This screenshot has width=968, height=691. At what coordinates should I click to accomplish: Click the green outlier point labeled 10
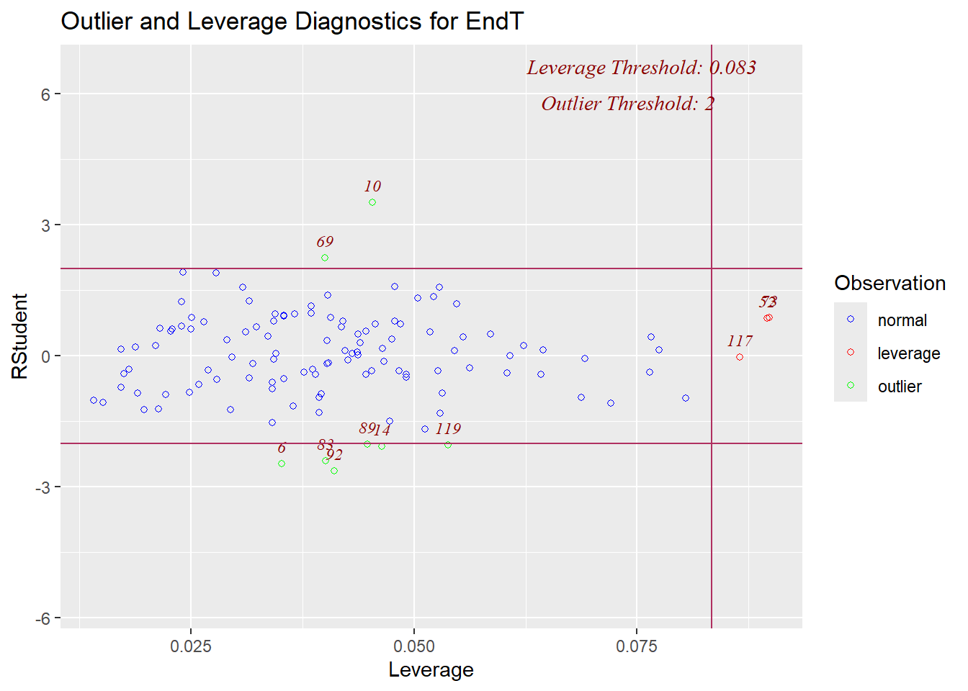tap(372, 202)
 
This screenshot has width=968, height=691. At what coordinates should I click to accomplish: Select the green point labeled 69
tap(325, 258)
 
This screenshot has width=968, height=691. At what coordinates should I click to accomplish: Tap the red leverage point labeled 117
tap(740, 357)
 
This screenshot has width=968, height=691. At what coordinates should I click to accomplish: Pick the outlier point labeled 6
tap(282, 464)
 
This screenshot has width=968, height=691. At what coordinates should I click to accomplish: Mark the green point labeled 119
tap(448, 445)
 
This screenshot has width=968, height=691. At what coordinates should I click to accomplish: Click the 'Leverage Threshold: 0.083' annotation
tap(641, 68)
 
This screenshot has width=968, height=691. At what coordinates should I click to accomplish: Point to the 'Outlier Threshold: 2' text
tap(627, 104)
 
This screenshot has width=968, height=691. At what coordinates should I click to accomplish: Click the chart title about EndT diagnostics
tap(292, 22)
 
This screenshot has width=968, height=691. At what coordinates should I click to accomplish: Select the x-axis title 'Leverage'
tap(431, 669)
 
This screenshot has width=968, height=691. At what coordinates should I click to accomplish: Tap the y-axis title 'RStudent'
tap(19, 336)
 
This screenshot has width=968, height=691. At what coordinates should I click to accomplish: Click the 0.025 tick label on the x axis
tap(191, 646)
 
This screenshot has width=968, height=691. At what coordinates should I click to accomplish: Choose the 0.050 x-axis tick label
tap(414, 646)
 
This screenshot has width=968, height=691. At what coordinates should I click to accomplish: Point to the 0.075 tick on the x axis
tap(637, 646)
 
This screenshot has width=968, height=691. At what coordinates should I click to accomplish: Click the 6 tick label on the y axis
tap(45, 94)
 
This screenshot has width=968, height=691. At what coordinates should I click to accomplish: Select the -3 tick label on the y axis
tap(42, 487)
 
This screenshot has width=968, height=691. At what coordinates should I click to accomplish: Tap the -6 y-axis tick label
tap(42, 618)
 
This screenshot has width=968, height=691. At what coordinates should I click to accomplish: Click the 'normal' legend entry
tap(902, 320)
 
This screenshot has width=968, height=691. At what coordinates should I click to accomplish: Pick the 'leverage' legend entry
tap(908, 353)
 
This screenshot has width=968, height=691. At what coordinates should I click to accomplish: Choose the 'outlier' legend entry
tap(900, 387)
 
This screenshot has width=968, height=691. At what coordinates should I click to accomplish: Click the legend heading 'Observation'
tap(889, 283)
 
